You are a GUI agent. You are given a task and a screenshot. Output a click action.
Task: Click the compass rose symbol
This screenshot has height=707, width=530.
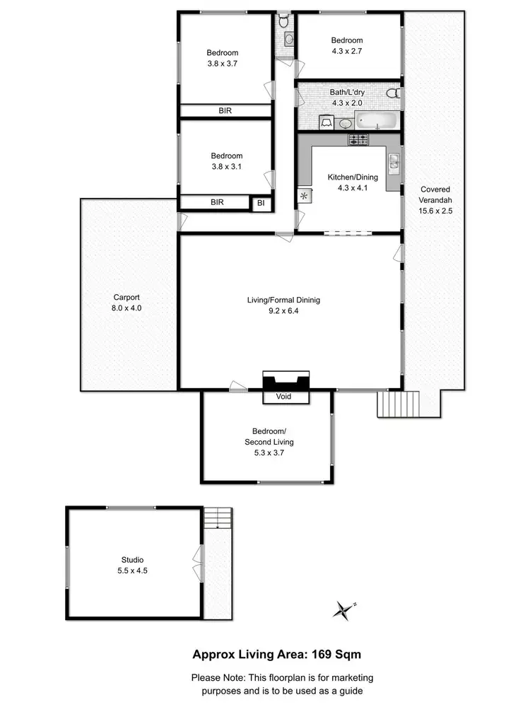point(344,610)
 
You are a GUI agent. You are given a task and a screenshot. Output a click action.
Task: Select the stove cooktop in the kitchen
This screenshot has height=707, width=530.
point(358,139)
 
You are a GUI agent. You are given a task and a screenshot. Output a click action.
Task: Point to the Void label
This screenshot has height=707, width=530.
point(286,397)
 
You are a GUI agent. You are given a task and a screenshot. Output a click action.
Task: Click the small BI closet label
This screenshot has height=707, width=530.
point(261,203)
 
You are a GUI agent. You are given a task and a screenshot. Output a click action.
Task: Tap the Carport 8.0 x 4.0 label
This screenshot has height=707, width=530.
point(128,303)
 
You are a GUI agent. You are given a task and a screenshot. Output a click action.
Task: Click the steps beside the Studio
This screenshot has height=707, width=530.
point(218,518)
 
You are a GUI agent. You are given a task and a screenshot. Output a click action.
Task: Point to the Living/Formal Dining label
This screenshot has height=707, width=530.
point(283,305)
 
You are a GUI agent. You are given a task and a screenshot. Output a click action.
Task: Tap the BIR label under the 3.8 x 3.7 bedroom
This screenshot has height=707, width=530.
point(225,111)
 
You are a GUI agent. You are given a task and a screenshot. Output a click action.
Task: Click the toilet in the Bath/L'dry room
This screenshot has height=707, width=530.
point(394,93)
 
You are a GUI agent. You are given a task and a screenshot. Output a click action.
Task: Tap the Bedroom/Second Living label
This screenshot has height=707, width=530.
point(273,436)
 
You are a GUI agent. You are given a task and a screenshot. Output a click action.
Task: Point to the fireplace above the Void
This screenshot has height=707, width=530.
point(286,382)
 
